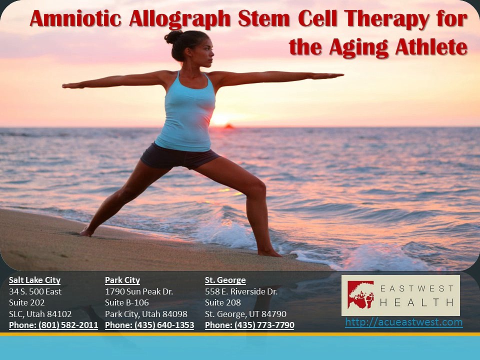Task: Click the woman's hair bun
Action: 173,37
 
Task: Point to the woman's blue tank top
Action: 185,115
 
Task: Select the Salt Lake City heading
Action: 34,280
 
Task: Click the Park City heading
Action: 122,280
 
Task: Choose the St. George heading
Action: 225,280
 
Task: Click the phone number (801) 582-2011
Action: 53,325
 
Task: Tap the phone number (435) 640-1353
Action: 149,325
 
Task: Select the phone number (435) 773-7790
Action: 249,325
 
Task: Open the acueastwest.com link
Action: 403,322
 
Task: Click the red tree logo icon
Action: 360,294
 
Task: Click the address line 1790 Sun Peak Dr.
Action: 139,291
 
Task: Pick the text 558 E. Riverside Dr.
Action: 241,291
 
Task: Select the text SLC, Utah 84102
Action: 40,314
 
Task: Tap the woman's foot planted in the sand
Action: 86,232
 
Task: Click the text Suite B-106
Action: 126,302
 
